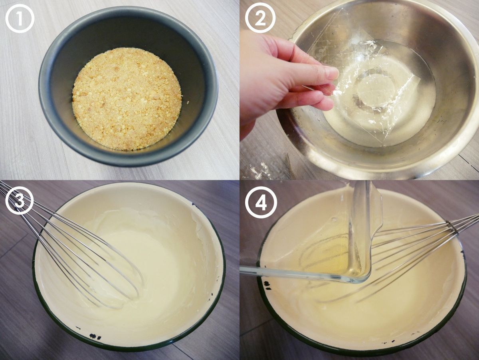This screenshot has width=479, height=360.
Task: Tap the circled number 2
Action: [x=260, y=18]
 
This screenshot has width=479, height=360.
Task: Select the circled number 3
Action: [x=20, y=200]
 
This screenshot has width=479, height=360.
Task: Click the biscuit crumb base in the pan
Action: [x=127, y=99]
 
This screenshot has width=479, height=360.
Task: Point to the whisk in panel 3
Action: [x=72, y=247]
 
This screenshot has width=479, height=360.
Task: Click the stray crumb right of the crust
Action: [x=188, y=102]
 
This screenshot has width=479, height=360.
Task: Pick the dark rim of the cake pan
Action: [x=129, y=157]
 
